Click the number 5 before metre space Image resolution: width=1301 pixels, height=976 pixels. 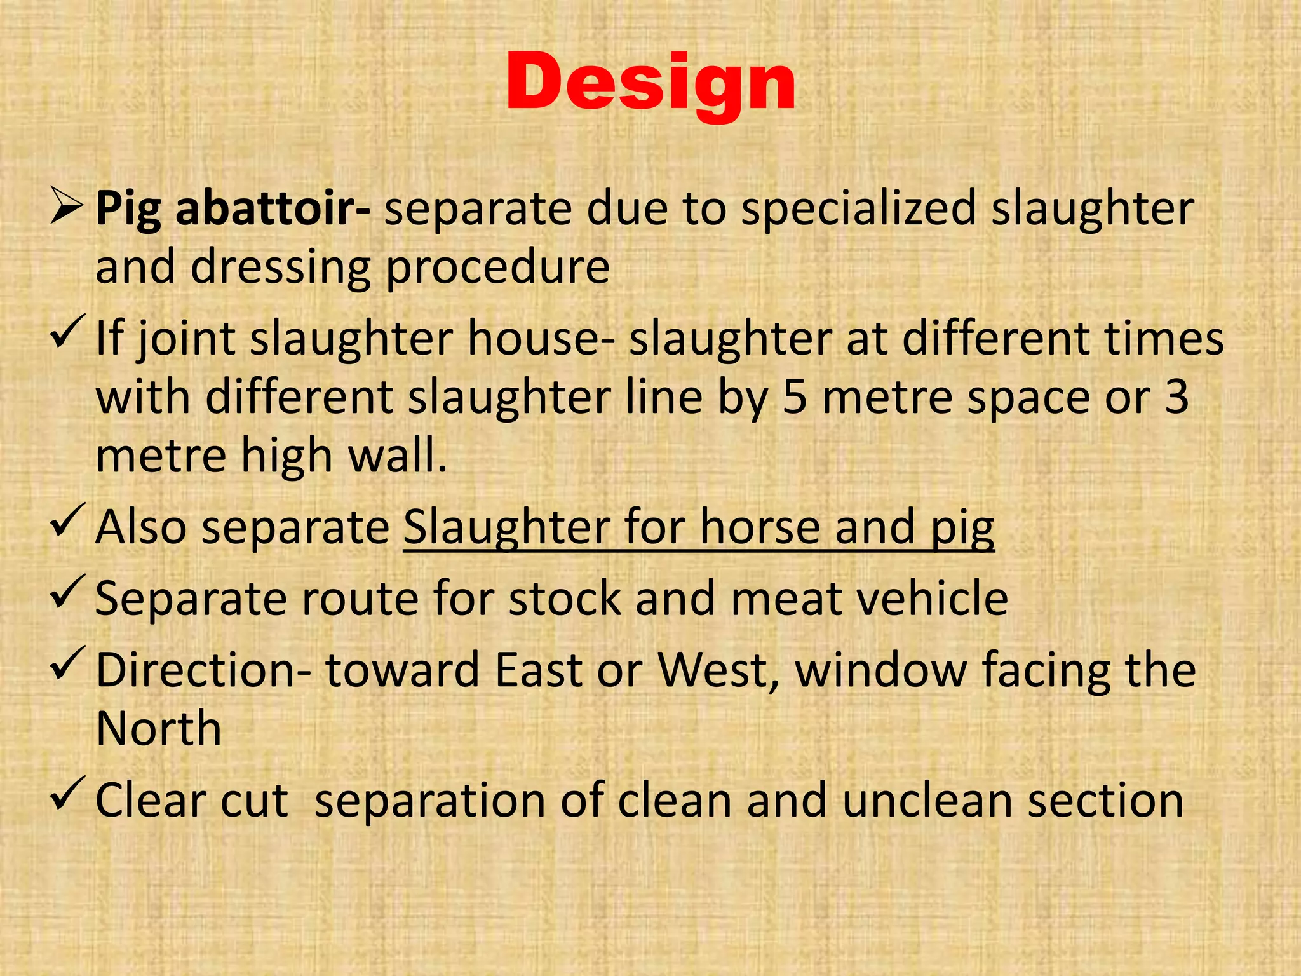click(x=795, y=397)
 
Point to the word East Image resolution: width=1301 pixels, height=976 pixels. click(x=539, y=670)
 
